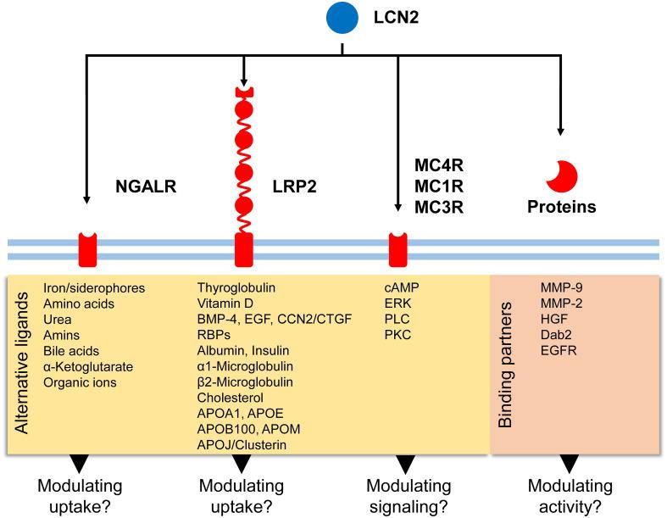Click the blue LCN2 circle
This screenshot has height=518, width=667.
pyautogui.click(x=341, y=18)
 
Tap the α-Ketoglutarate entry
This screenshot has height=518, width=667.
pyautogui.click(x=87, y=366)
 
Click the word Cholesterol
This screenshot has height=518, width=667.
pyautogui.click(x=229, y=398)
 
